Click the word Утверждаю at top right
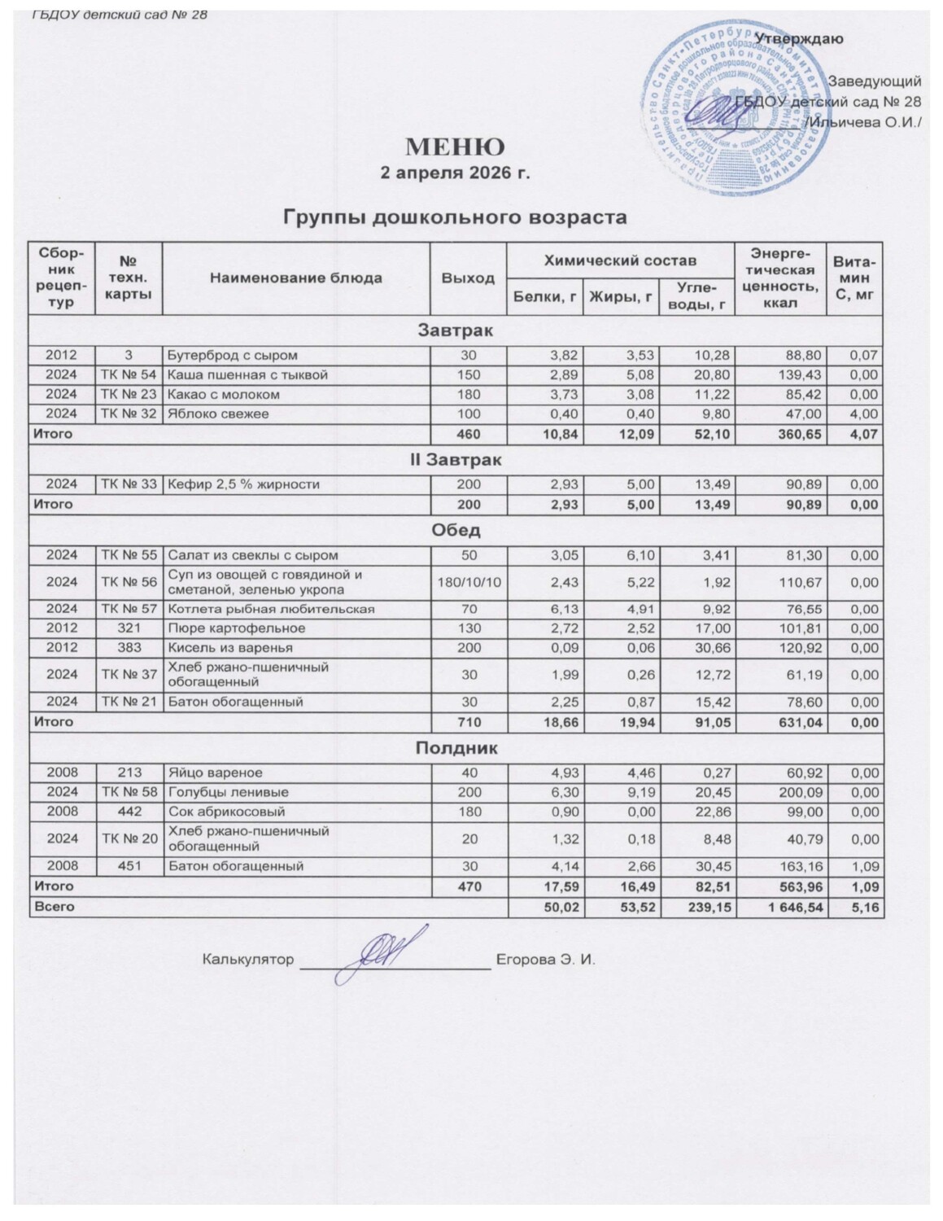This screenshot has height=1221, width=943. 799,39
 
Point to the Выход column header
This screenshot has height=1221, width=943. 468,278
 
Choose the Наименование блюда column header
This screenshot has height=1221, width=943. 296,278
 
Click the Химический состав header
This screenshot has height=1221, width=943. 620,260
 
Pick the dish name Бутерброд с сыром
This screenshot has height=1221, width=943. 233,355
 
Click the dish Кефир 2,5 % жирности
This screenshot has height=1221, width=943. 243,484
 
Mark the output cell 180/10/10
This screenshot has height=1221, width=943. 468,582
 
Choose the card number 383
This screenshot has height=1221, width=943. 130,648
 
